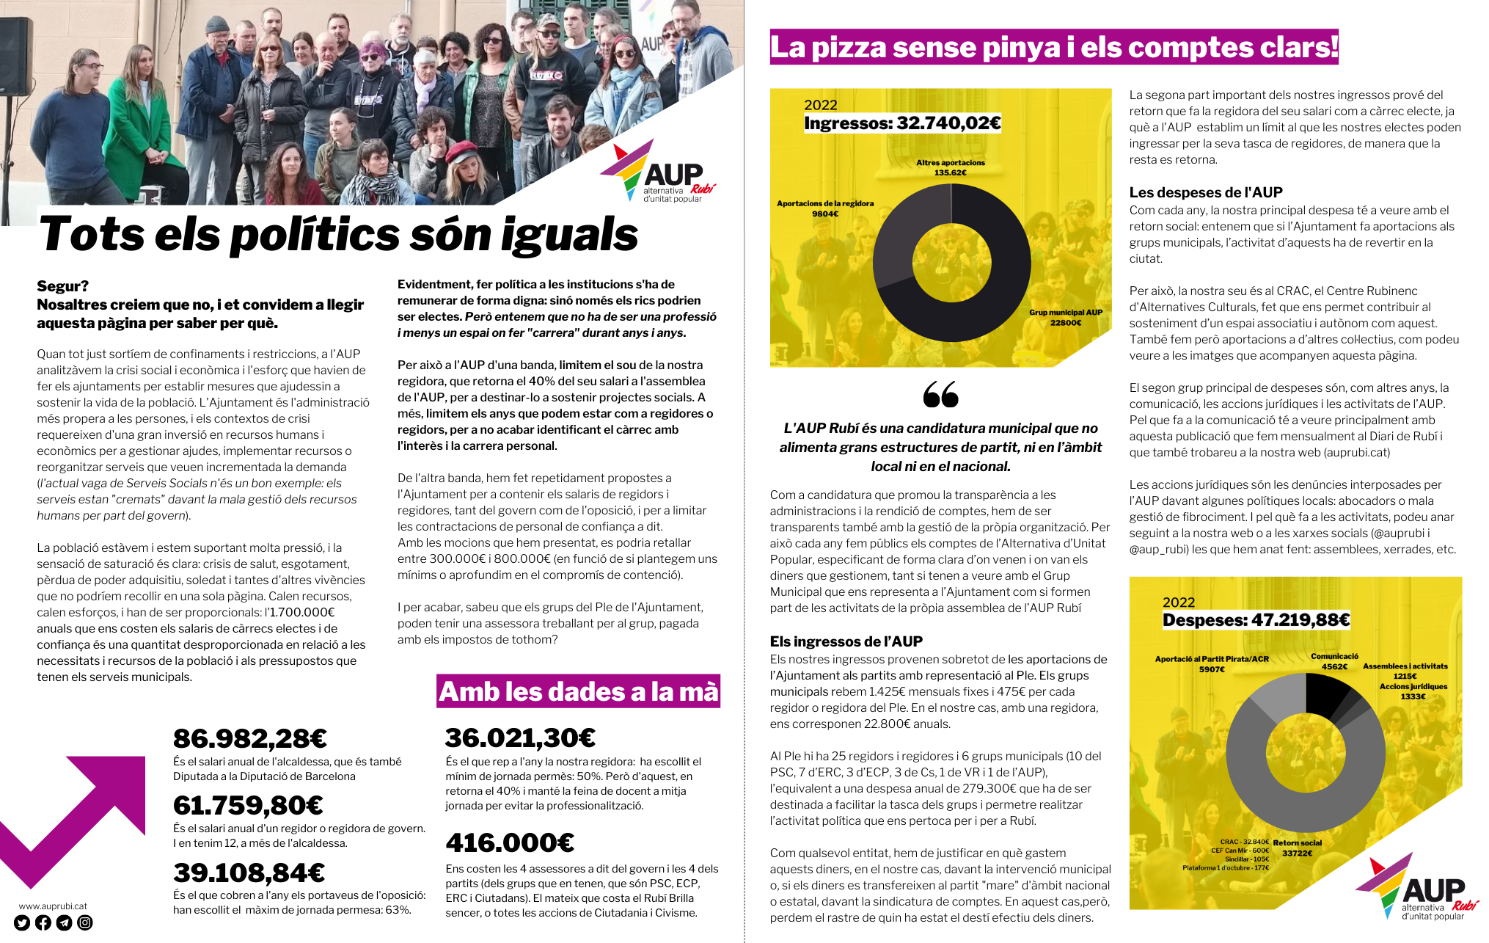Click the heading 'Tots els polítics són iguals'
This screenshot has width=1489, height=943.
pyautogui.click(x=338, y=234)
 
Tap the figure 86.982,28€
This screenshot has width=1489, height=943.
pyautogui.click(x=249, y=738)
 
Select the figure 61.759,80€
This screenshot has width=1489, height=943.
pyautogui.click(x=248, y=806)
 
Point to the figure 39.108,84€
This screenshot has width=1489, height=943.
pyautogui.click(x=249, y=873)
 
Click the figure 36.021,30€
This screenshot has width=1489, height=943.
pyautogui.click(x=520, y=738)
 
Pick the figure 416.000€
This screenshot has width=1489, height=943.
pyautogui.click(x=510, y=843)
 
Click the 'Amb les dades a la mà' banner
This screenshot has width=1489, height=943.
pyautogui.click(x=578, y=691)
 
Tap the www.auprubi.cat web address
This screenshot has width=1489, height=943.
pyautogui.click(x=53, y=906)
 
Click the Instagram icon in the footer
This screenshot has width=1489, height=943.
pyautogui.click(x=85, y=922)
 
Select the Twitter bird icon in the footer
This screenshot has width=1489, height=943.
pyautogui.click(x=21, y=922)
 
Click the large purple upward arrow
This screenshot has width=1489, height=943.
pyautogui.click(x=81, y=815)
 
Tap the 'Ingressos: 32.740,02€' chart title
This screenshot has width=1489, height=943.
pyautogui.click(x=902, y=123)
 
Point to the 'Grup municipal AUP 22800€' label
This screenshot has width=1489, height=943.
pyautogui.click(x=1065, y=317)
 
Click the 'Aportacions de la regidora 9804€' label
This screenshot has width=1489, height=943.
pyautogui.click(x=825, y=208)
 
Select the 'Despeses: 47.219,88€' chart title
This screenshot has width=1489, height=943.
pyautogui.click(x=1256, y=620)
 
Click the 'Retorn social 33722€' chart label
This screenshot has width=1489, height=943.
pyautogui.click(x=1298, y=848)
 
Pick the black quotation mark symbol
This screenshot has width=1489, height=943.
pyautogui.click(x=940, y=394)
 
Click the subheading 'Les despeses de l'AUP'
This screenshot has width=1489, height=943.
pyautogui.click(x=1205, y=192)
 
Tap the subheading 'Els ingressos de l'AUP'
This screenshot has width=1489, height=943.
pyautogui.click(x=846, y=641)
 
